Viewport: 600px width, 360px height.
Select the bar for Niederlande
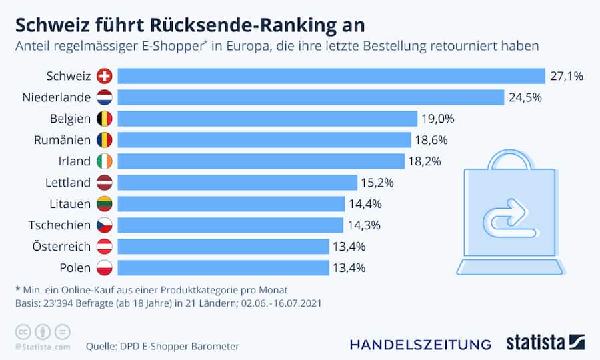(x=311, y=97)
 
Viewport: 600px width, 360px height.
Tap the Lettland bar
(x=237, y=182)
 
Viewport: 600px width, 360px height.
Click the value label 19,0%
(x=437, y=119)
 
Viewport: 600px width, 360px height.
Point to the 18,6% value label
(x=431, y=140)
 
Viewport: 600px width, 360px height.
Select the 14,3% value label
(x=363, y=225)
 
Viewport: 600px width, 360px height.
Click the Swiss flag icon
(x=105, y=76)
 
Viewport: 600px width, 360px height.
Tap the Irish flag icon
(x=105, y=161)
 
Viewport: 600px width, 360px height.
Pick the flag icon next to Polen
(x=105, y=267)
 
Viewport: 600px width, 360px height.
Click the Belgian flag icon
(x=105, y=119)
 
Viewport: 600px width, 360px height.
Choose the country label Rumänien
(x=62, y=140)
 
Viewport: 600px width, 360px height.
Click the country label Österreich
(x=61, y=246)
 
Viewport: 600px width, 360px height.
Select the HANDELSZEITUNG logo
(x=420, y=344)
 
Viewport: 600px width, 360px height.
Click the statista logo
(x=543, y=343)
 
